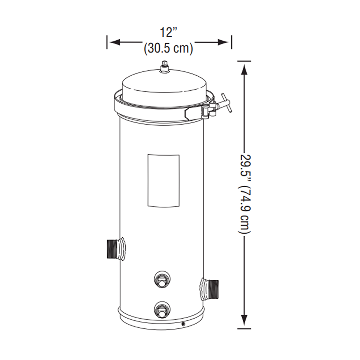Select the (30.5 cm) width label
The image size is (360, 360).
tap(168, 48)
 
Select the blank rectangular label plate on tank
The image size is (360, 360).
tap(163, 180)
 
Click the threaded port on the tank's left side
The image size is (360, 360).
tap(114, 248)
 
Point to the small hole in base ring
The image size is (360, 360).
tap(183, 324)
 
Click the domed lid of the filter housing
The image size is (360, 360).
tap(165, 86)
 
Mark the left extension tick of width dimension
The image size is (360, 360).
tap(107, 42)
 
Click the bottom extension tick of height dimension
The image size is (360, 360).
tap(245, 328)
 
